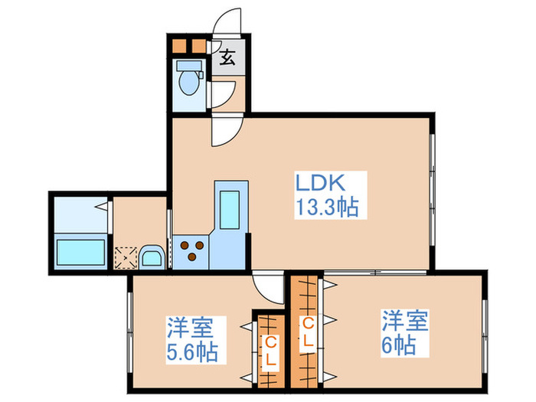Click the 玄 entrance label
227,57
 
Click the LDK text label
322,183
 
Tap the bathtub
80,250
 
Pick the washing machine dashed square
124,256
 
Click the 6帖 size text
398,344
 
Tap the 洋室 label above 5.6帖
190,328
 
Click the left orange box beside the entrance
179,44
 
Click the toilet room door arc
222,96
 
